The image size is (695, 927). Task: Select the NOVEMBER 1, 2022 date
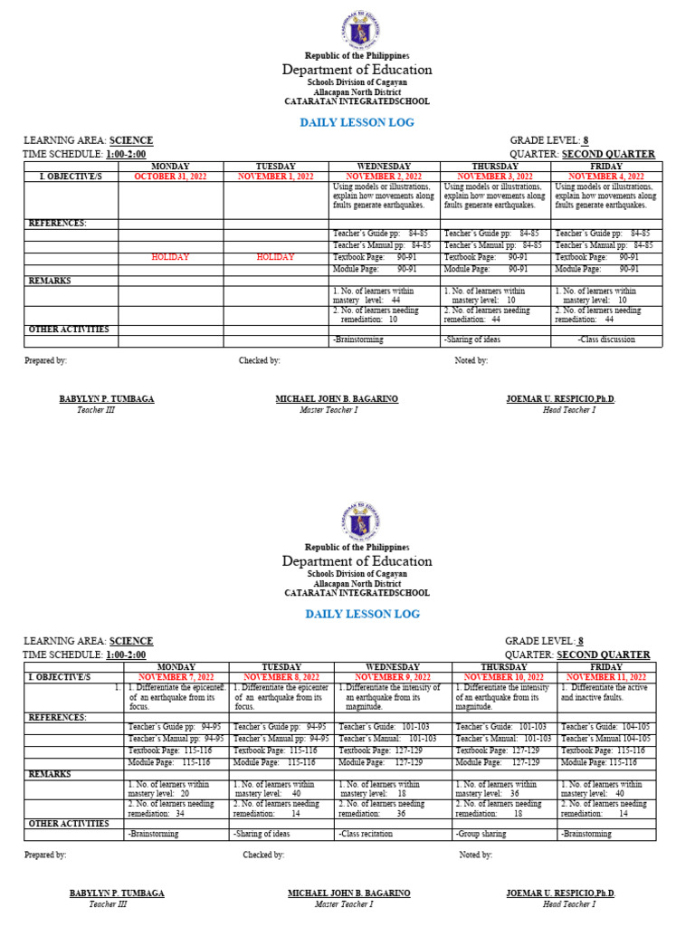276,177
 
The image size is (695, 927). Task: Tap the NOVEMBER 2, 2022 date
385,177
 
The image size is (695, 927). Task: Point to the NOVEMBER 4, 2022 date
606,177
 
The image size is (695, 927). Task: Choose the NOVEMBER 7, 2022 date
176,677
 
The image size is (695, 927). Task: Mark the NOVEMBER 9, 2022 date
392,677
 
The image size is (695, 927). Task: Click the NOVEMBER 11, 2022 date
606,677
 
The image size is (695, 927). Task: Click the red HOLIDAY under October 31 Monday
171,257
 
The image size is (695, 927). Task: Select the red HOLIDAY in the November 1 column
276,257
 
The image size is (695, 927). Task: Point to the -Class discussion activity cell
606,340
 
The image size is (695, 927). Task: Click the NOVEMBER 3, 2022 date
495,177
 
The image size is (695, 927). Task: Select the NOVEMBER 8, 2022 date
281,677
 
